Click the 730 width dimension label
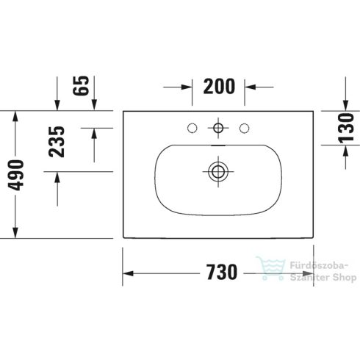pos(217,273)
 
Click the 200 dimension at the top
pos(219,87)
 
